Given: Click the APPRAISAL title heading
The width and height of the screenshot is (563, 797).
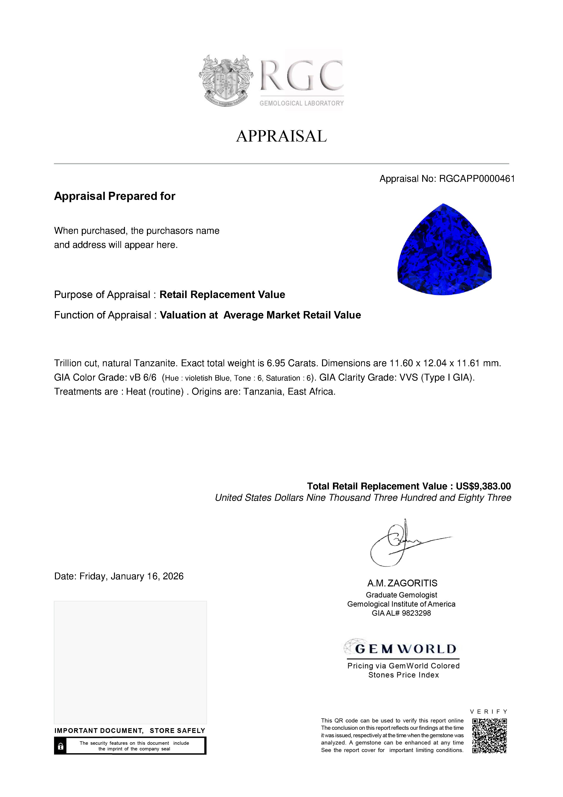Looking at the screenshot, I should (x=281, y=136).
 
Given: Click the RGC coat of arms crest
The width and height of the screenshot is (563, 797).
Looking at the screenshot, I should (x=226, y=80).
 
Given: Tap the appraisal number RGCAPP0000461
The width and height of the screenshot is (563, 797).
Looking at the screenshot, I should (x=477, y=179).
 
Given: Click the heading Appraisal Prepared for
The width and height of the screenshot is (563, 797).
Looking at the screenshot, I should (x=114, y=196).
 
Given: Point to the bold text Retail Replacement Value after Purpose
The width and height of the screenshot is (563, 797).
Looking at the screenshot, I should (x=222, y=294).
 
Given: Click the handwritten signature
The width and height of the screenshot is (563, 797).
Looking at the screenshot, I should (x=402, y=542).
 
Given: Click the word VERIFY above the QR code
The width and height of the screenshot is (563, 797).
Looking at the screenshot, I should (x=489, y=711).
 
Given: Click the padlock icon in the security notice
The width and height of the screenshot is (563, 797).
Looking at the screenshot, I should (x=61, y=746).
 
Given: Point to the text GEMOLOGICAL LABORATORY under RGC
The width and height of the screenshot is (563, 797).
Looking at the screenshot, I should (x=301, y=103).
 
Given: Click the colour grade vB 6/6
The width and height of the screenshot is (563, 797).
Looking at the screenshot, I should (x=143, y=377).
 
